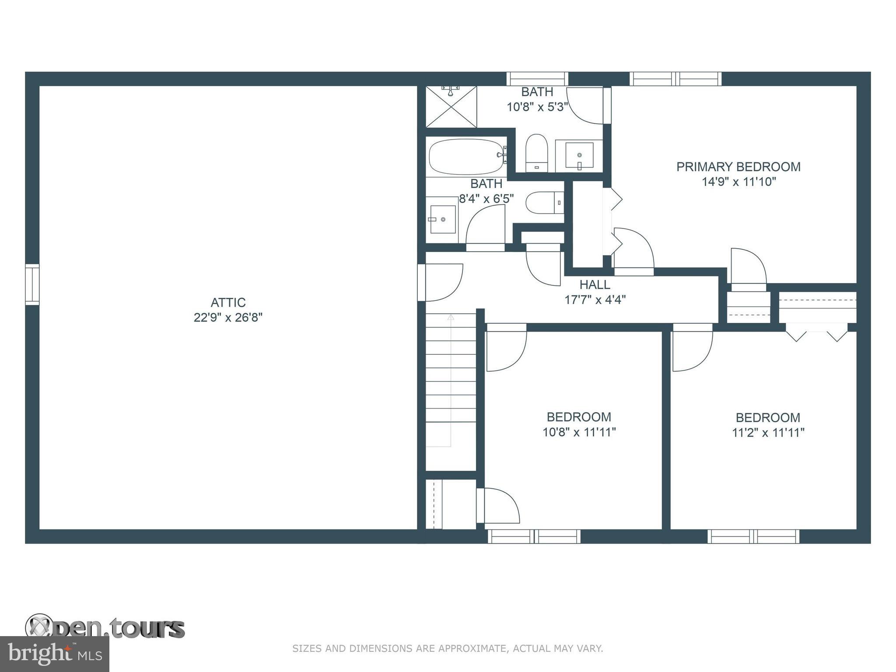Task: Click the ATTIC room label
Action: [x=228, y=302]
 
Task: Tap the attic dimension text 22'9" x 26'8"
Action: [x=228, y=318]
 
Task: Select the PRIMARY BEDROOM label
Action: [x=738, y=167]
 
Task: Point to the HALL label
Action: [x=595, y=285]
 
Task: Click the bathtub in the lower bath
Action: [x=465, y=157]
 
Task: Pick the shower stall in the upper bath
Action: [x=451, y=107]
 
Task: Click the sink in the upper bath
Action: [x=579, y=155]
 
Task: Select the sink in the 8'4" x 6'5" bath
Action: [x=442, y=219]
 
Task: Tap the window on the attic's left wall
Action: [x=32, y=284]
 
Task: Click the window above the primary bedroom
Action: [x=675, y=79]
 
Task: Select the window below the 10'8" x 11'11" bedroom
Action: [x=534, y=536]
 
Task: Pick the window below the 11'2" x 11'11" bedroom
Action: [x=753, y=536]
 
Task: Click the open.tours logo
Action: [x=105, y=627]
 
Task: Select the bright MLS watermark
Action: [x=55, y=654]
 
